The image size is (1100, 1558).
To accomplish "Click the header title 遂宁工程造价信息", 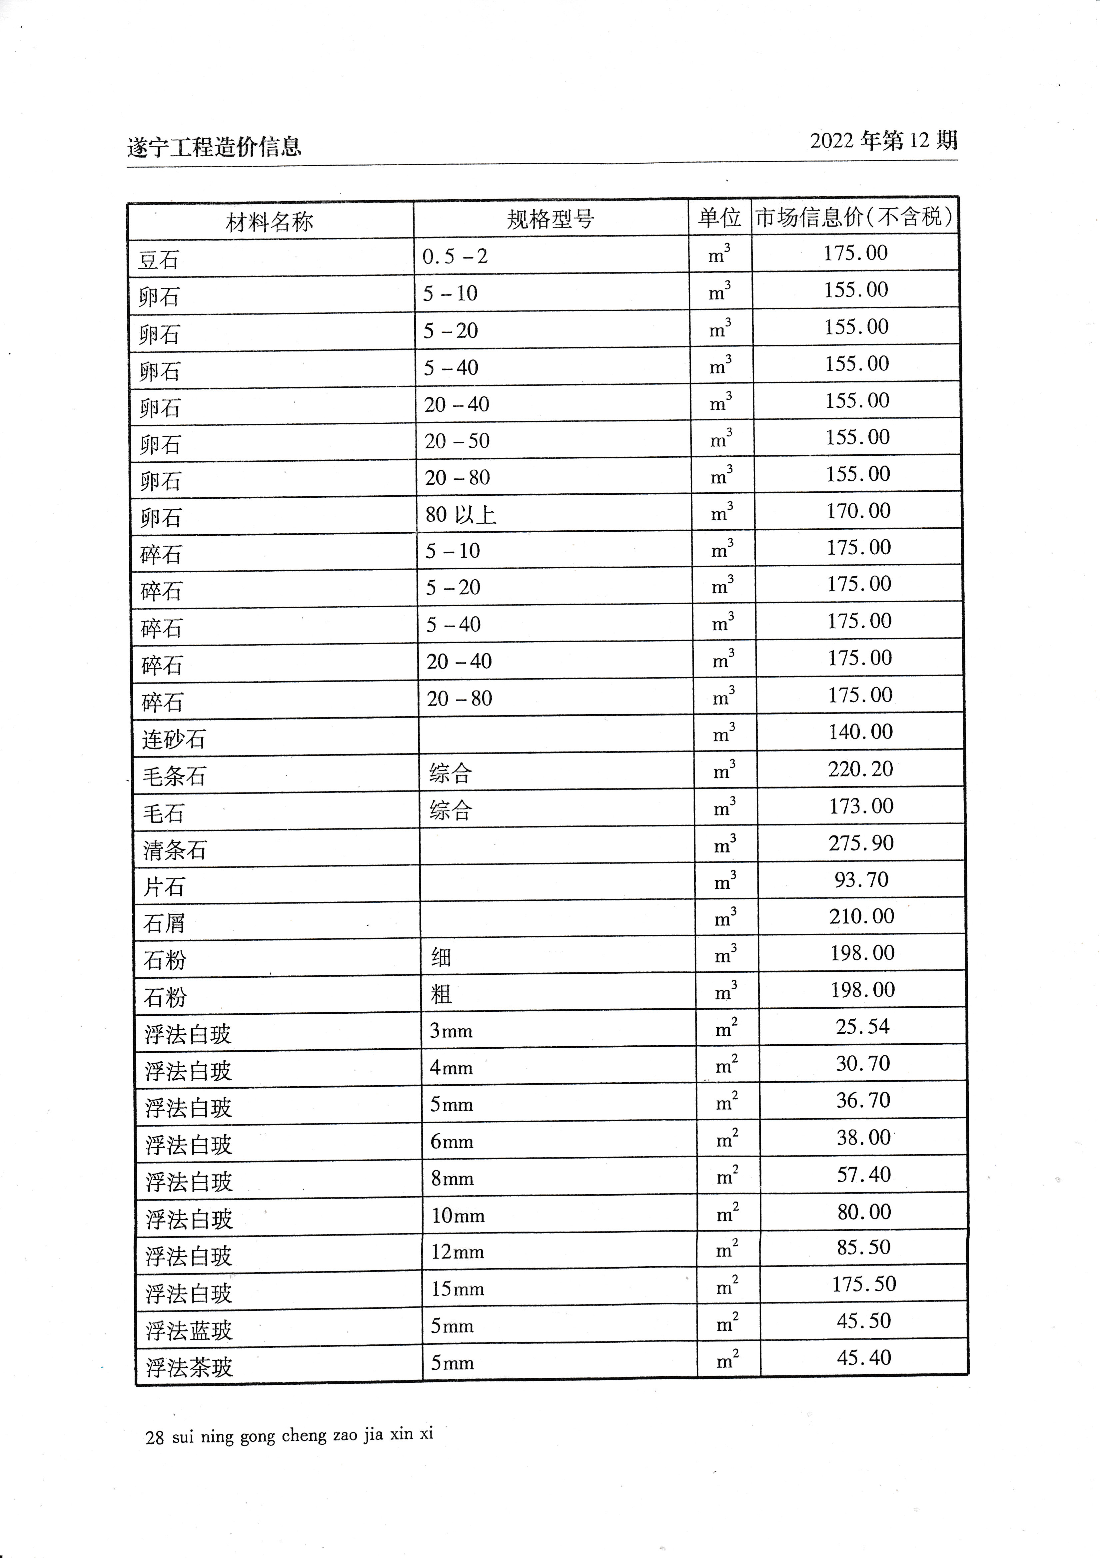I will click(215, 147).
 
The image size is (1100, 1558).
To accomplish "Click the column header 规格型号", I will click(550, 219).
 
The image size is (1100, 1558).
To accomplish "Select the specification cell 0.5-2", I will click(455, 257).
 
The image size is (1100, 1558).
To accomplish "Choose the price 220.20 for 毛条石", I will click(860, 769).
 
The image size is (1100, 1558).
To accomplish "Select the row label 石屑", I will click(164, 923).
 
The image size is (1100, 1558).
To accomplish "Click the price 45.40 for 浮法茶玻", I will click(864, 1358).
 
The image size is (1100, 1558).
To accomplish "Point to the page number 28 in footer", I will click(155, 1437).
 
